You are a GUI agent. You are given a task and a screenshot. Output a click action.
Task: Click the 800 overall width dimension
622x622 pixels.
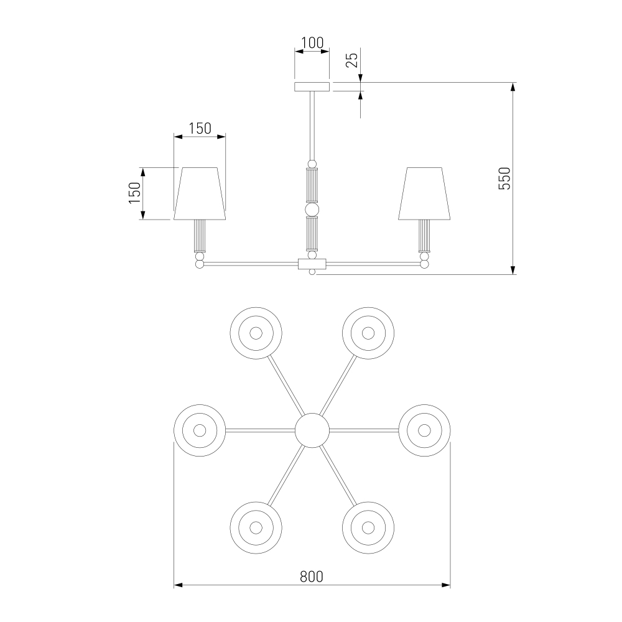pos(312,577)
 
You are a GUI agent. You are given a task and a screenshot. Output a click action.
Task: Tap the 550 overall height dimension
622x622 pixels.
pos(504,179)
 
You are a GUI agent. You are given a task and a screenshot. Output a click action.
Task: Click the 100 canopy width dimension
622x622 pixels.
pos(313,43)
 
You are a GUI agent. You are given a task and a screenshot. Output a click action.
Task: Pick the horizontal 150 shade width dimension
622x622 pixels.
pos(200,129)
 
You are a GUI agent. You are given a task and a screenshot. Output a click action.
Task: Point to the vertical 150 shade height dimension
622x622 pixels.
pos(135,193)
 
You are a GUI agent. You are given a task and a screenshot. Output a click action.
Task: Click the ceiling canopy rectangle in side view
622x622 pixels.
pos(312,87)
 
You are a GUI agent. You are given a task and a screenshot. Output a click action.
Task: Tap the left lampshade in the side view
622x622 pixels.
pos(200,193)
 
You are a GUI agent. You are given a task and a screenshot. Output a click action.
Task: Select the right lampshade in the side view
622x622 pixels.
pos(424,193)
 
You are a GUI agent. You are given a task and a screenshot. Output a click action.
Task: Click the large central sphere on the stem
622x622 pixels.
pos(312,209)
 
